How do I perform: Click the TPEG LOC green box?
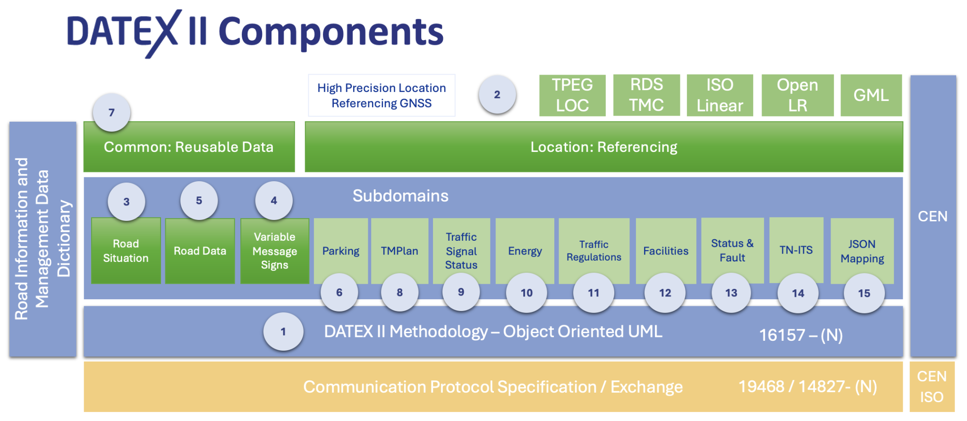click(x=572, y=95)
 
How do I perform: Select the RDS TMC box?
click(x=646, y=95)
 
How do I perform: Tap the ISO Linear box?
click(x=720, y=95)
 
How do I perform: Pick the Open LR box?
click(x=797, y=95)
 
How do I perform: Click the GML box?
click(x=871, y=95)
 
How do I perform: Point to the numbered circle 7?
click(x=111, y=113)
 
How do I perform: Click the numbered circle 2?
click(x=497, y=94)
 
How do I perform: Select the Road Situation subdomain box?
click(x=126, y=251)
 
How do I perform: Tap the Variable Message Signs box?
click(x=274, y=251)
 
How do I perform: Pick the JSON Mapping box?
click(x=862, y=250)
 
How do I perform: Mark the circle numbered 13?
click(x=731, y=293)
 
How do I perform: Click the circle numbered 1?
click(x=283, y=332)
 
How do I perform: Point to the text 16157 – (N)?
click(x=801, y=335)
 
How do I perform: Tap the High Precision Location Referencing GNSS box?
click(x=382, y=95)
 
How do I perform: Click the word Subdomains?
click(x=400, y=196)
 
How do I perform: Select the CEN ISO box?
click(x=932, y=387)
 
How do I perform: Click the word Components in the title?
click(x=331, y=32)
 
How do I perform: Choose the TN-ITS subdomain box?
click(x=796, y=250)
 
